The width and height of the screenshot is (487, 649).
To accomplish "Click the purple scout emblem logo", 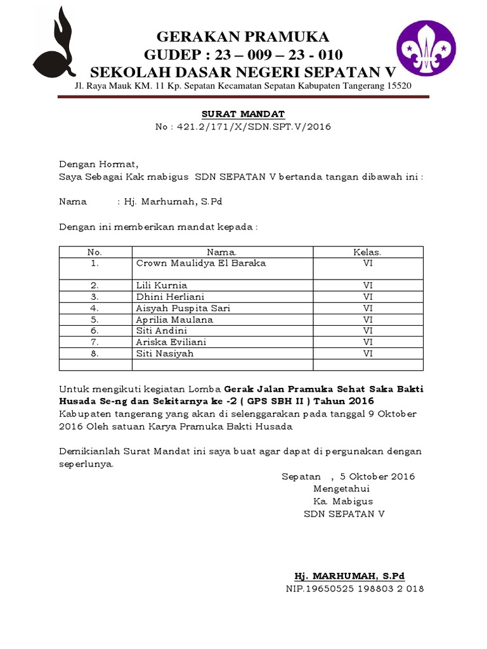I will coord(425,48).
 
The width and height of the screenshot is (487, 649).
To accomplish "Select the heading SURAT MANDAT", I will coord(243,114).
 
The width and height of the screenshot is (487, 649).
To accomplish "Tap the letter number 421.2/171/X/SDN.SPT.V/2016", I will coord(251,127).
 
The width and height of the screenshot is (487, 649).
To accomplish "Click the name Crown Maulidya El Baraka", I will coord(201,263).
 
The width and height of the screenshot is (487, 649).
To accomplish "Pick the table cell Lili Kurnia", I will coord(162,285).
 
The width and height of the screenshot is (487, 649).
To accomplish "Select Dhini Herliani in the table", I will coord(170,297).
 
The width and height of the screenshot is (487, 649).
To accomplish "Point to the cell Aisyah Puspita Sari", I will coord(183,308).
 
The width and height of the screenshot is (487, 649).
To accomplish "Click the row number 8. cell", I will coord(95,354).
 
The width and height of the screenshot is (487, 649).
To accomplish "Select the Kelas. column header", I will coord(367,252).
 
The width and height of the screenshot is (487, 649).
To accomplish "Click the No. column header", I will coord(95,252).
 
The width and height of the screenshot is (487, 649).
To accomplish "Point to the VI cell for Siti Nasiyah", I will coord(368,354).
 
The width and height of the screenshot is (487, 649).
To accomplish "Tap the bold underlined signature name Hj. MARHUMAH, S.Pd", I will coord(349,576).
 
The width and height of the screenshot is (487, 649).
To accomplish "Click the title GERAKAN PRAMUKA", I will coord(243,36).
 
